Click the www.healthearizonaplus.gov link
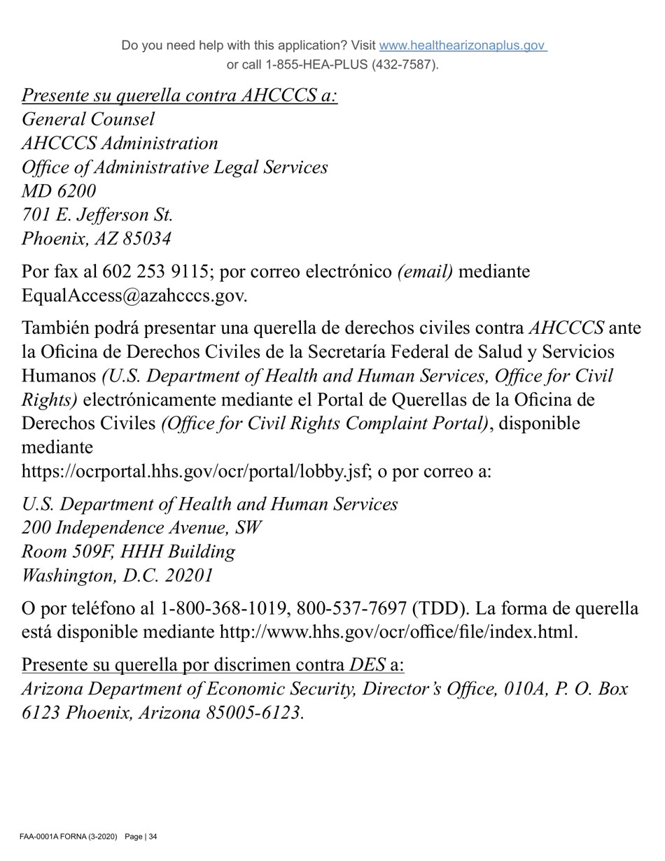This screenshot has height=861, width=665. point(463,45)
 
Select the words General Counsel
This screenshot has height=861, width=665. point(88,120)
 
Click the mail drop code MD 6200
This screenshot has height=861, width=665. point(59,191)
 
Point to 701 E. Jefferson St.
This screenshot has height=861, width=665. point(97,215)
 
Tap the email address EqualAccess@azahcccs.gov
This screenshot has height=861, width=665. point(134,295)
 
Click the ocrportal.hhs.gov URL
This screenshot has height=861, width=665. point(195,471)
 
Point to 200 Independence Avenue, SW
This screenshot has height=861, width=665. point(141,528)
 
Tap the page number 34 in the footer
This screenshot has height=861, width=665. point(153,836)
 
